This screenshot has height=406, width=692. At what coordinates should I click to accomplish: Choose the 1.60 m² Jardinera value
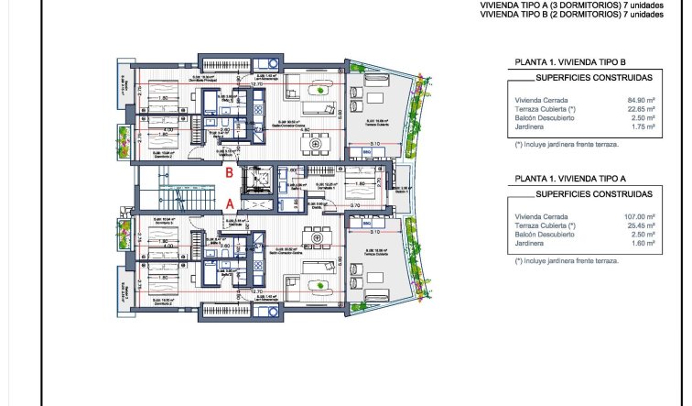[641, 242]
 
